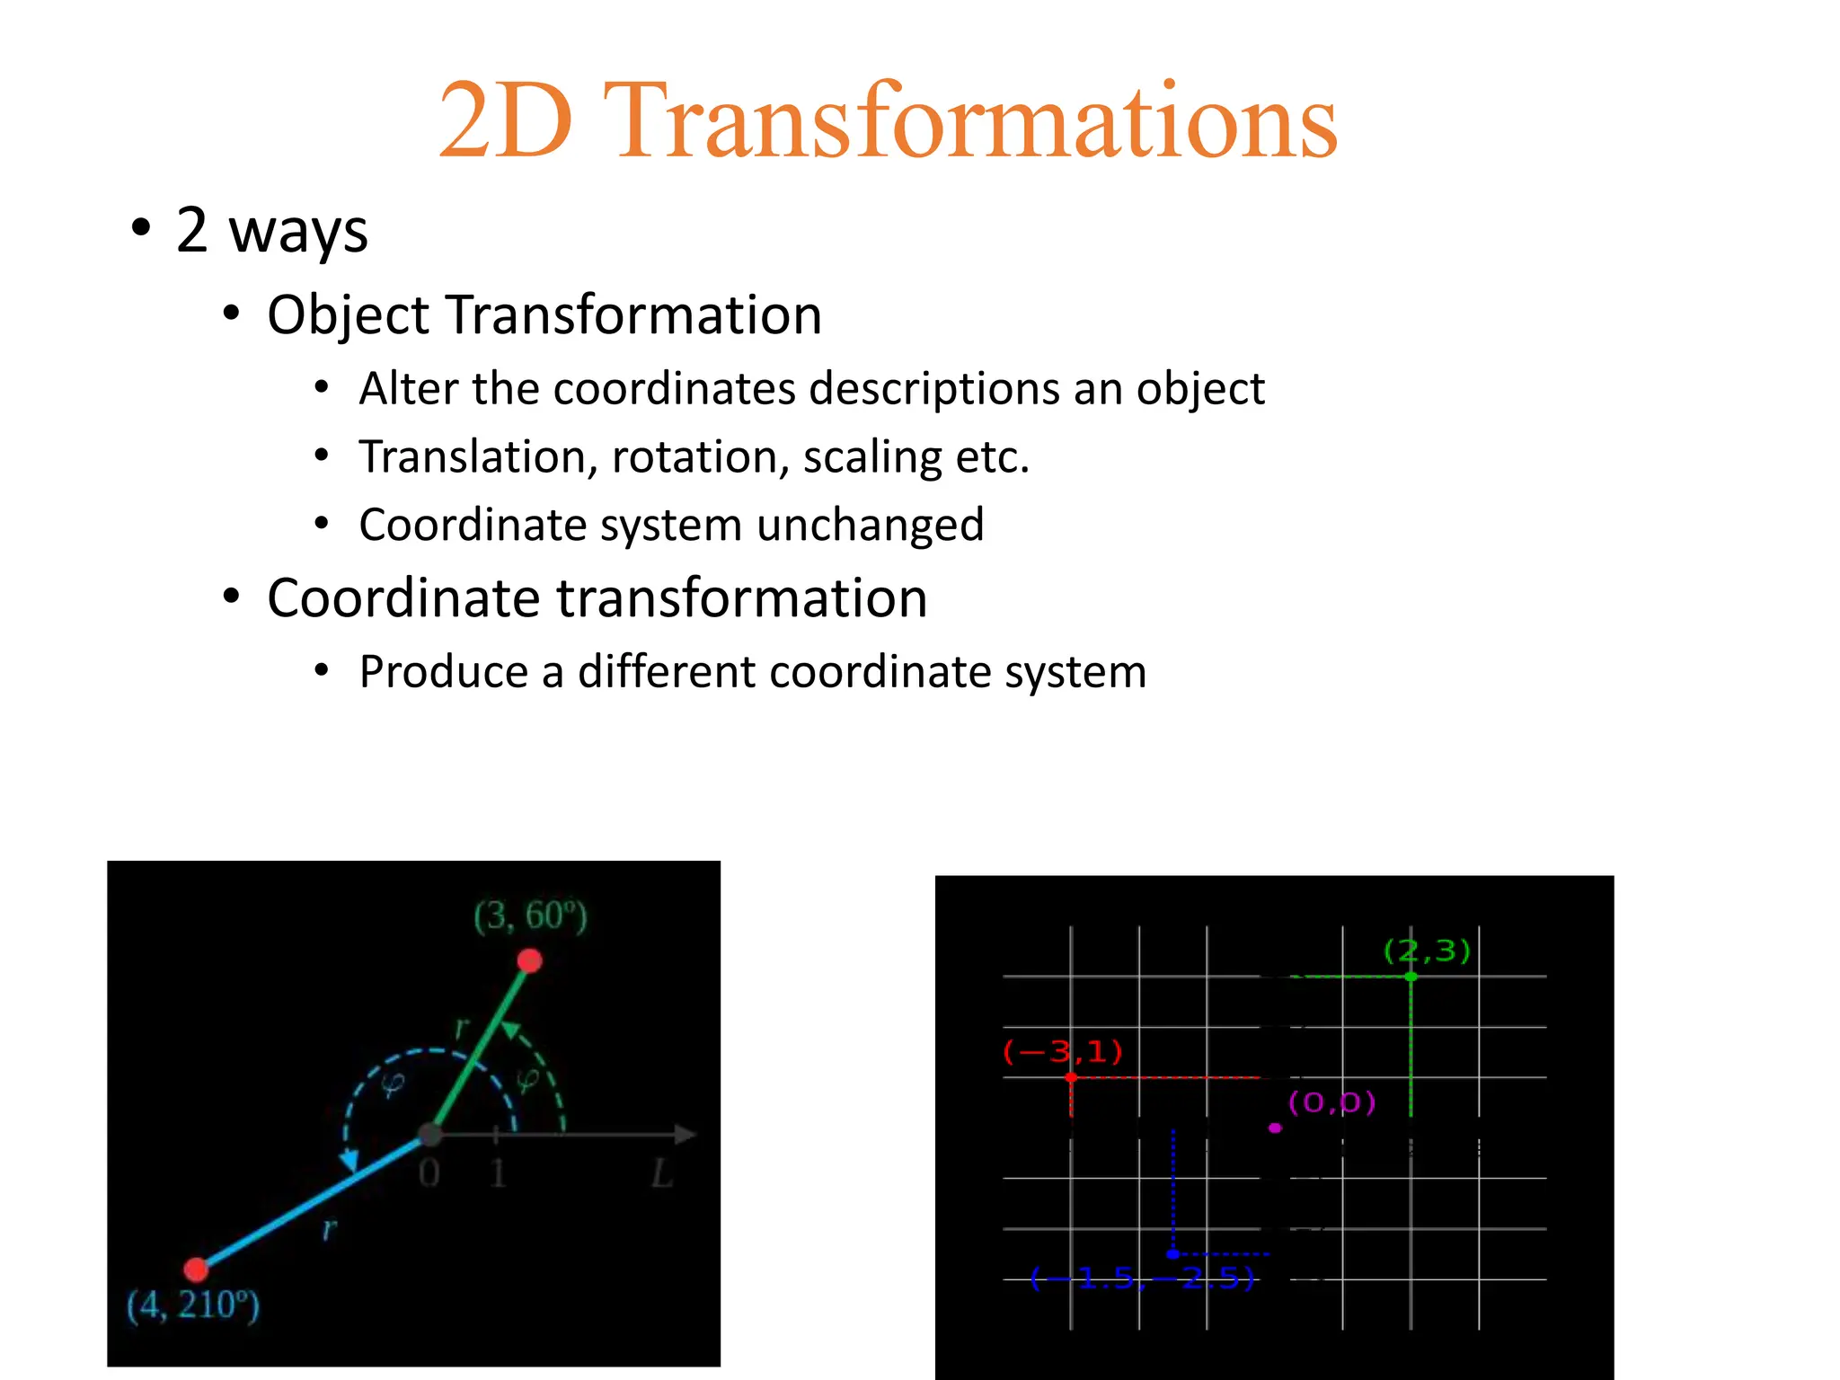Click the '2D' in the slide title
pos(506,121)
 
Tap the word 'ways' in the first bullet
pos(298,231)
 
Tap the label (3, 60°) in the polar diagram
pos(530,916)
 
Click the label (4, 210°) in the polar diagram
pos(193,1305)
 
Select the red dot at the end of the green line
pos(530,961)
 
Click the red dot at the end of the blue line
pos(196,1269)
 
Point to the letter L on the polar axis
pos(662,1173)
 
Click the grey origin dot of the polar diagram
pos(431,1135)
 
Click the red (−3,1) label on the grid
pos(1063,1051)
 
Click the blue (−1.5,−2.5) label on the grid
pos(1141,1278)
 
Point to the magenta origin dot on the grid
pos(1275,1128)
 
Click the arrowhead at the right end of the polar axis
pos(686,1135)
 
